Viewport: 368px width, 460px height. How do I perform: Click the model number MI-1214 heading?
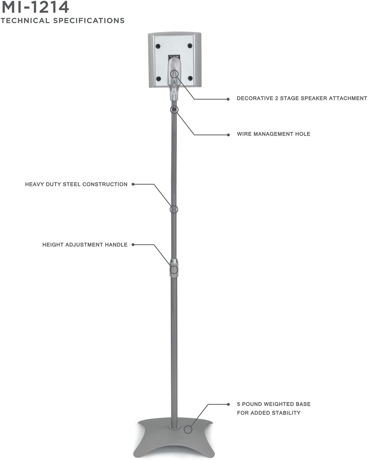point(35,7)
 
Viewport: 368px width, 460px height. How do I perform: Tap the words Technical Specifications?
point(63,21)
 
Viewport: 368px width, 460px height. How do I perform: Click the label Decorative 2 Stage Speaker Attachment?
point(302,98)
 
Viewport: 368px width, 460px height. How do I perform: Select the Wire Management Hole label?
point(273,134)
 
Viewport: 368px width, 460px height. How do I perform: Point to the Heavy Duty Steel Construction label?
point(76,184)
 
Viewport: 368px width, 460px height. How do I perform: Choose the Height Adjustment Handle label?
point(85,245)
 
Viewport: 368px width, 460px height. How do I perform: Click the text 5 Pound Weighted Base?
point(273,404)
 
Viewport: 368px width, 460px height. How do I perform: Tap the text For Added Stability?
point(268,413)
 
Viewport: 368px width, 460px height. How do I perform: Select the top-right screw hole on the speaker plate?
point(190,46)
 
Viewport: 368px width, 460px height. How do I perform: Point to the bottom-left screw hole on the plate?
point(159,79)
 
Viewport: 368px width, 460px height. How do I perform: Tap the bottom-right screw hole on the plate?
point(190,78)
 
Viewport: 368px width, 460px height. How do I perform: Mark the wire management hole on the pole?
point(174,109)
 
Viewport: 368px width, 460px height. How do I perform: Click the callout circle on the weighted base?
point(188,430)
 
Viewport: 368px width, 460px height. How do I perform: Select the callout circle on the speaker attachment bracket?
point(174,74)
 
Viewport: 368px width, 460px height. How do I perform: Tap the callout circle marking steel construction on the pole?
point(174,210)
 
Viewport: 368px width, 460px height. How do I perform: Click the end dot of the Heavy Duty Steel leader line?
point(133,184)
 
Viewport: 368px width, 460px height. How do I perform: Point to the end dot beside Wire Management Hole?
point(228,135)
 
